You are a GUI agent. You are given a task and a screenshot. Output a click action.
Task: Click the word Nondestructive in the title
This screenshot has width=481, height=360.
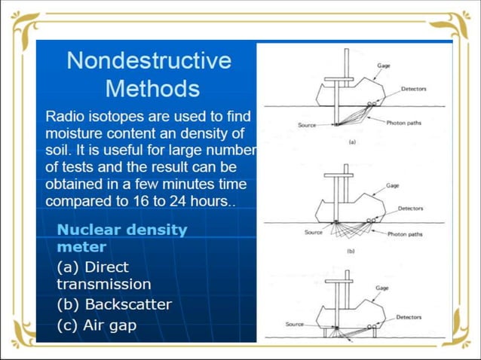point(149,60)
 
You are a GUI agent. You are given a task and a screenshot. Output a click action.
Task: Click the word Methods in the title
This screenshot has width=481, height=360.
point(152,88)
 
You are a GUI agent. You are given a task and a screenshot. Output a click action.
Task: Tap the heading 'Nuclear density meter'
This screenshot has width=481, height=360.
point(121,238)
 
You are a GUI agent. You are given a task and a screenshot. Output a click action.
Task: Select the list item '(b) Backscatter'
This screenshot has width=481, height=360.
point(114,304)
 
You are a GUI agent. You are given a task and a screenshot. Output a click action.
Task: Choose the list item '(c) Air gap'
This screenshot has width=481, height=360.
point(97,325)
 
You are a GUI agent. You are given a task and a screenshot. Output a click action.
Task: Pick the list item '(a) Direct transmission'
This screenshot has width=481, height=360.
point(103,276)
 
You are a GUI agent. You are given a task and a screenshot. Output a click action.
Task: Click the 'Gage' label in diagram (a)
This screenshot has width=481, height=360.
point(384,66)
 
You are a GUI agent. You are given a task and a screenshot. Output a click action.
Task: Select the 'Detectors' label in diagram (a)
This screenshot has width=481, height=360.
point(413,89)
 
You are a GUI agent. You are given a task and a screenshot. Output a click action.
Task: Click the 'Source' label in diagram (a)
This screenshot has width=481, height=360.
point(307,125)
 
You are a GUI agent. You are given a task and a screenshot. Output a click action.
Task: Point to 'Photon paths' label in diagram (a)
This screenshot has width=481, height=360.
point(404,122)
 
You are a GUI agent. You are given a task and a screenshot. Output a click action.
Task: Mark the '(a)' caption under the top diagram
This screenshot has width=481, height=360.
point(351,142)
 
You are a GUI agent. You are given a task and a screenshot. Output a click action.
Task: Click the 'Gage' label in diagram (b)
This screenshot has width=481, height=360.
point(392,185)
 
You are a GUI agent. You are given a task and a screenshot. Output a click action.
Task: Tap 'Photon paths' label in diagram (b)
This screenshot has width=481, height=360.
point(406,234)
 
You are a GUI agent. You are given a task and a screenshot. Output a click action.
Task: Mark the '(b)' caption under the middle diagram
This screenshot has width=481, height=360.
point(351,250)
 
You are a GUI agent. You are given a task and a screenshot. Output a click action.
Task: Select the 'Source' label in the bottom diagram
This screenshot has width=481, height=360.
point(295,324)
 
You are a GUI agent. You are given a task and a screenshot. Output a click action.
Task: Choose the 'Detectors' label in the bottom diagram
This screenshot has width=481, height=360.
point(409,317)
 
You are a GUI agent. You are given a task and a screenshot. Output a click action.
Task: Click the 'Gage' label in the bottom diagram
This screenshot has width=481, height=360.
point(382,288)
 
